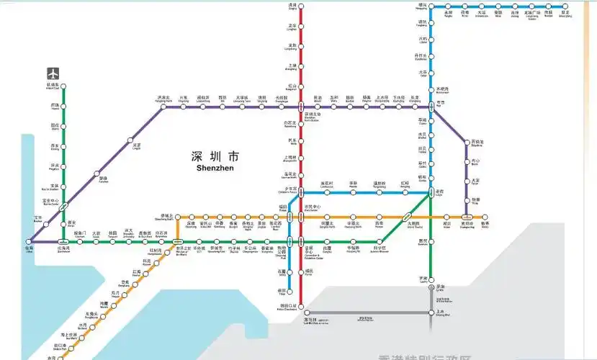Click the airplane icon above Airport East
[x=53, y=73]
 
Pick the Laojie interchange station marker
[x=431, y=192]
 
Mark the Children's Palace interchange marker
[x=301, y=192]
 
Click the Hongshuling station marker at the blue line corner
[x=431, y=7]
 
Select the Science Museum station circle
[x=382, y=243]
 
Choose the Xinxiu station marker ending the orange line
[x=485, y=217]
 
